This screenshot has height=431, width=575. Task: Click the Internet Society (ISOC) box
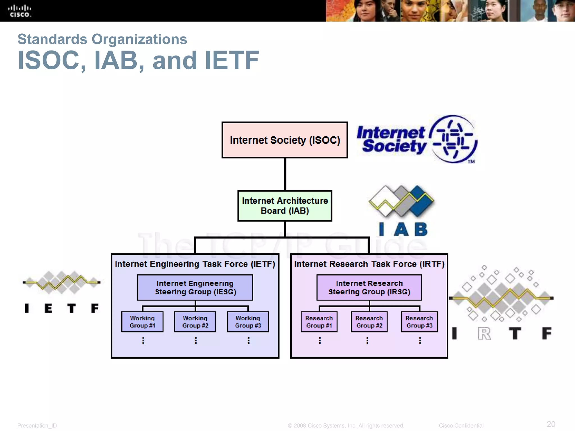[285, 140]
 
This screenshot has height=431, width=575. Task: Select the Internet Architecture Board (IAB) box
[285, 206]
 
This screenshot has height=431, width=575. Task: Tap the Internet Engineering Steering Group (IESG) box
[195, 288]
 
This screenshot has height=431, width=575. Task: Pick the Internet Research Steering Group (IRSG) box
[369, 288]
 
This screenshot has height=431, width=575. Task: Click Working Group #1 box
[142, 322]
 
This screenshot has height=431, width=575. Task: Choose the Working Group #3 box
[248, 322]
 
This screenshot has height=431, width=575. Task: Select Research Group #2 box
[369, 322]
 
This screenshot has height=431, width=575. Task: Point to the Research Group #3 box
[419, 322]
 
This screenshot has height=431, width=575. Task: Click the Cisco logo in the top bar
[19, 11]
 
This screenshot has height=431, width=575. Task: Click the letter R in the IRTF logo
[485, 334]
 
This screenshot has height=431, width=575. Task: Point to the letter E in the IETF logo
[48, 308]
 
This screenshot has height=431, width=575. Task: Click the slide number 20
[551, 424]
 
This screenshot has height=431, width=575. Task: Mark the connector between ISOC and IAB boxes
[285, 174]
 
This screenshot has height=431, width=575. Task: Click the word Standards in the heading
[52, 39]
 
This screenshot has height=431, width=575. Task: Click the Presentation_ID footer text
[37, 426]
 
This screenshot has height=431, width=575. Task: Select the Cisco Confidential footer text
[461, 426]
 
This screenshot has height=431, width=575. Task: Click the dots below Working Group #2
[196, 340]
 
